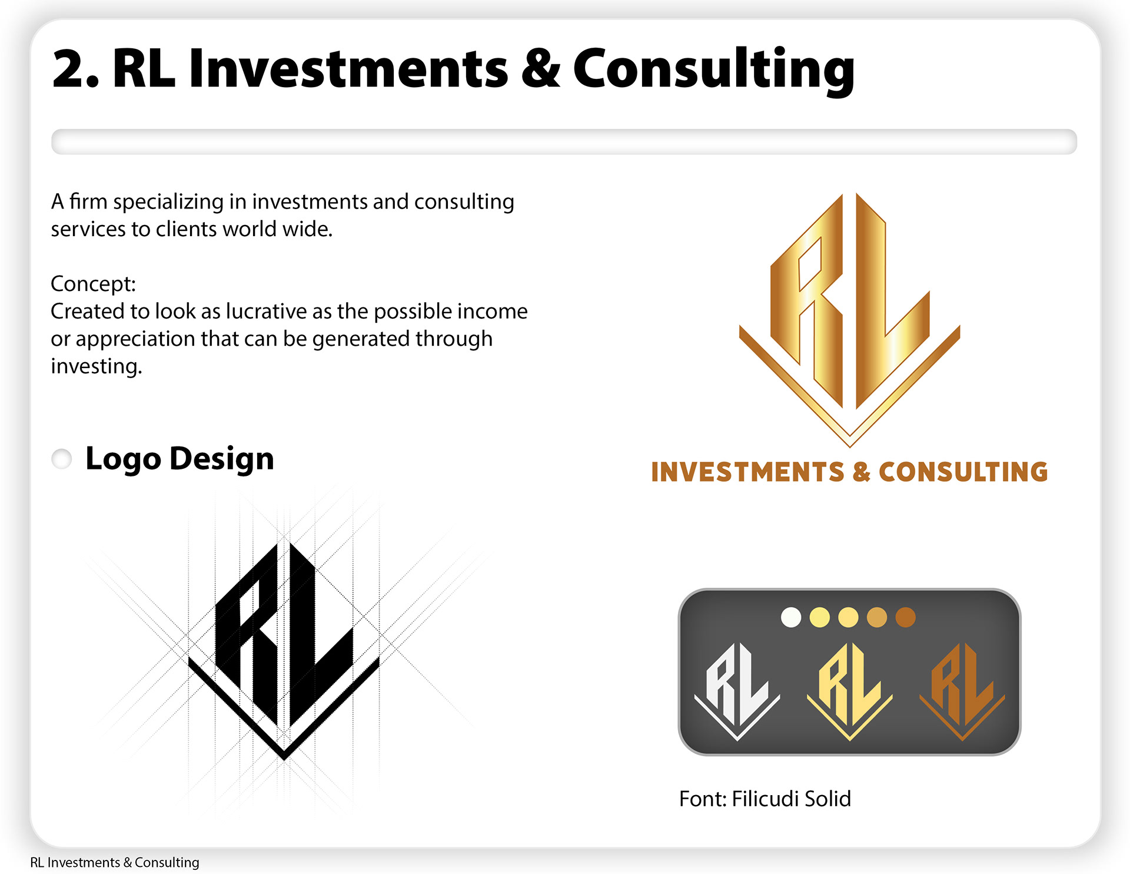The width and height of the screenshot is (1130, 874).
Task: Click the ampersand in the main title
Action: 541,68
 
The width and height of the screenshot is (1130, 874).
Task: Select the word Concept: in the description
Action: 93,284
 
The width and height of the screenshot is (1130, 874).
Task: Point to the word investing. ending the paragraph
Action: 97,366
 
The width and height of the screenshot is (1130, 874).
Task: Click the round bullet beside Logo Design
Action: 62,459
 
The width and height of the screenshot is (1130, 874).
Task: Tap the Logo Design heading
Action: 180,459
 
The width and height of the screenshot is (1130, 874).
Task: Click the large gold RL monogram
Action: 850,318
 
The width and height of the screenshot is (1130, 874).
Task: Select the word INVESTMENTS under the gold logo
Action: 748,472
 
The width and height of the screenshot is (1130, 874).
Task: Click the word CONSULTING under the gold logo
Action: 963,472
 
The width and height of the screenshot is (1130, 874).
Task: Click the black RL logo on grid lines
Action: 284,651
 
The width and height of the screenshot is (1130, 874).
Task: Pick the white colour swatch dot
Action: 791,617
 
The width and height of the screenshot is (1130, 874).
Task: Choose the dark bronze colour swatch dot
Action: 906,617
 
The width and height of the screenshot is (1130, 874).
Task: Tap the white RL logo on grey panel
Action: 737,690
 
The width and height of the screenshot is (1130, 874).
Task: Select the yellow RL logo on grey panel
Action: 849,690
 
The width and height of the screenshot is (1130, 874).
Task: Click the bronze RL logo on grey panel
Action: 962,690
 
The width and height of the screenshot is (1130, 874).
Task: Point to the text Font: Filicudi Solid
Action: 765,799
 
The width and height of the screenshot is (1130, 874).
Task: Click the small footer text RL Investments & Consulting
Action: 115,862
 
